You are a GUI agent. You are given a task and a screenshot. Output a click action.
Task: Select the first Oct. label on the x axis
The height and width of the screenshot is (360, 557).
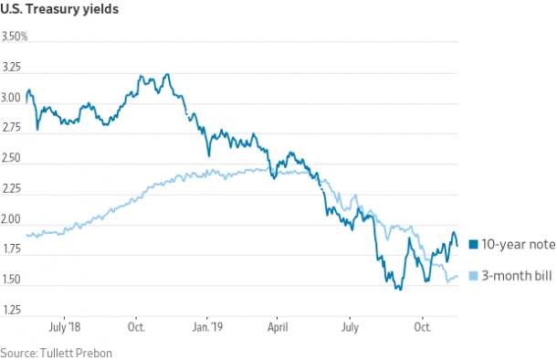coord(136,326)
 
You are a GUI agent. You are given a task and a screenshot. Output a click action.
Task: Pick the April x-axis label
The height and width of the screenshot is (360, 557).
coord(278,326)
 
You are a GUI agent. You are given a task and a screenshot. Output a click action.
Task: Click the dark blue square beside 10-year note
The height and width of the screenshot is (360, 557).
coord(473,244)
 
